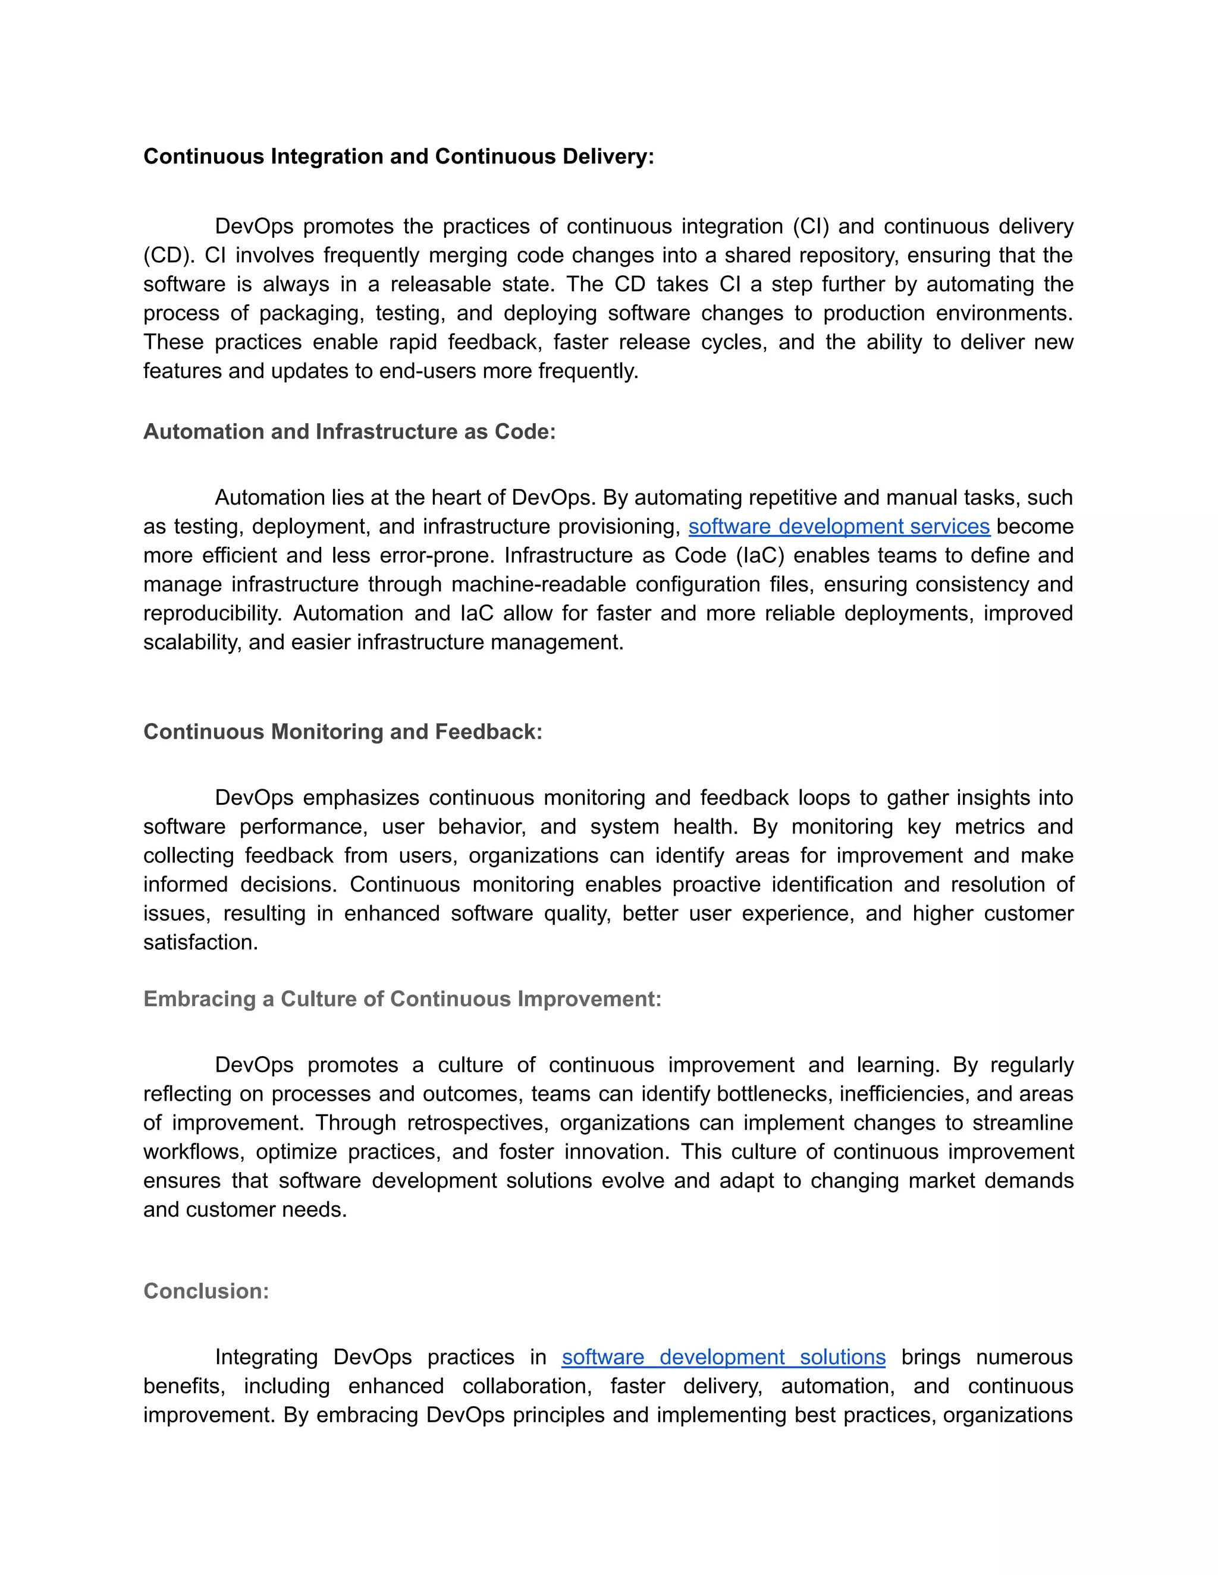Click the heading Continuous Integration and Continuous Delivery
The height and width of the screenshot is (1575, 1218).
click(x=398, y=156)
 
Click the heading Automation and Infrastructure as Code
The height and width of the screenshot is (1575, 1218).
click(x=349, y=431)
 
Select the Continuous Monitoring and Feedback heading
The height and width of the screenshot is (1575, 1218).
click(x=343, y=731)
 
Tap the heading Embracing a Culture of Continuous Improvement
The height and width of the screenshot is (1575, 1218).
click(x=402, y=999)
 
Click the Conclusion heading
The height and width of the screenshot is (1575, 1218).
click(x=206, y=1291)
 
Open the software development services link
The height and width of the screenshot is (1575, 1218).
click(x=839, y=527)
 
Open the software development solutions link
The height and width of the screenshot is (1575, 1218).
click(x=723, y=1357)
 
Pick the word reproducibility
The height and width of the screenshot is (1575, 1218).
click(x=212, y=613)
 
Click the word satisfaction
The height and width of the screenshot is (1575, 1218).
click(x=200, y=942)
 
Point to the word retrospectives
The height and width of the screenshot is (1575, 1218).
click(x=477, y=1123)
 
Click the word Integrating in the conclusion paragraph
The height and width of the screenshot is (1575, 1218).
click(x=266, y=1357)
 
